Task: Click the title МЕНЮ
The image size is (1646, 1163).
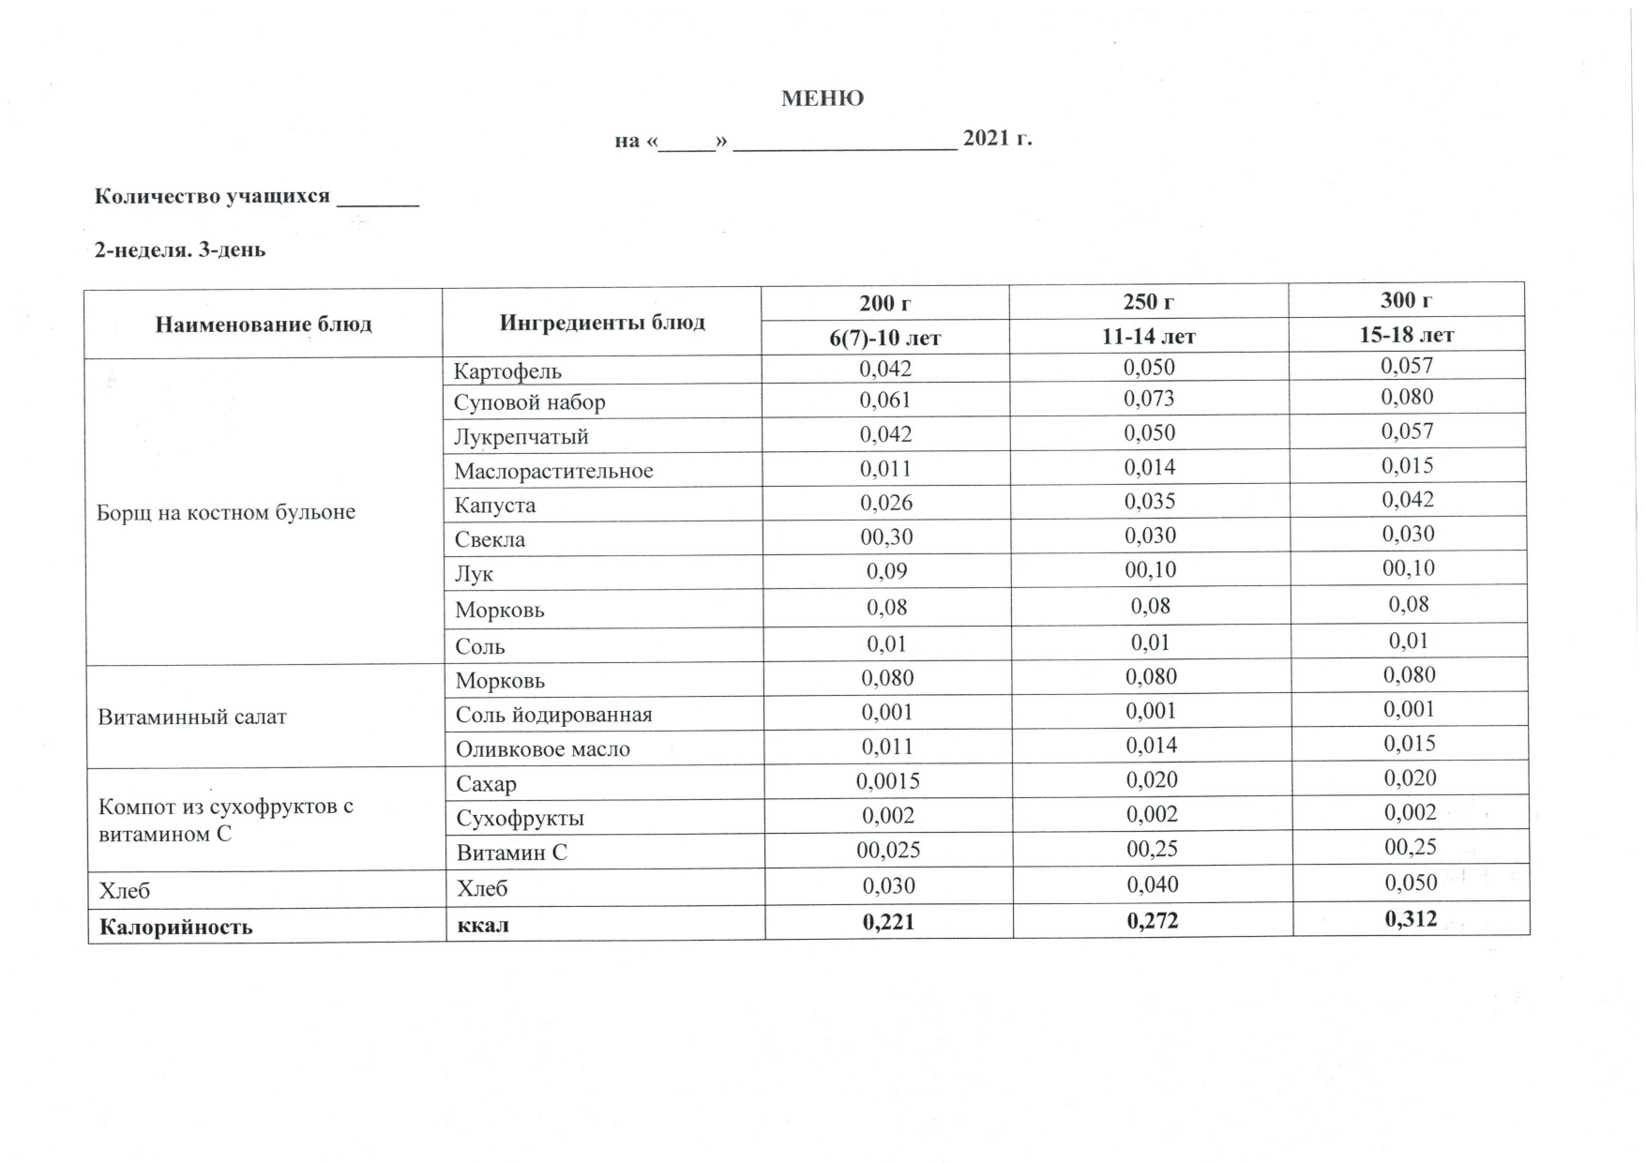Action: [823, 98]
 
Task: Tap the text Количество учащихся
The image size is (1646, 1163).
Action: [213, 196]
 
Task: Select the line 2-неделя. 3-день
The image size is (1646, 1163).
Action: [180, 249]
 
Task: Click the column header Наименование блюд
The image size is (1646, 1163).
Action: [264, 325]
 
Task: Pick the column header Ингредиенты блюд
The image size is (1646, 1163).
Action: [602, 323]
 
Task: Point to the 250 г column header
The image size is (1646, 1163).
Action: [1149, 302]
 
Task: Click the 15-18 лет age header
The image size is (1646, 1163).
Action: [1407, 335]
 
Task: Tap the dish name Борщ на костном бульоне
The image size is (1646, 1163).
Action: [226, 512]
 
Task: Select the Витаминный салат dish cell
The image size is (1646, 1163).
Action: [192, 717]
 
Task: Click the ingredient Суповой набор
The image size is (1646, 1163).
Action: [530, 402]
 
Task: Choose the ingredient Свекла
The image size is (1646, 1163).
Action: [490, 539]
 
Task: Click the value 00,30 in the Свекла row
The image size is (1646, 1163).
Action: [886, 536]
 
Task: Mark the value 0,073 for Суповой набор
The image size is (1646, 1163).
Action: [1149, 399]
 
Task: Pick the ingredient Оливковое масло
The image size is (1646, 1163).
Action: [543, 749]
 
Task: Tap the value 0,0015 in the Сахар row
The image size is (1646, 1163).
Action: [887, 780]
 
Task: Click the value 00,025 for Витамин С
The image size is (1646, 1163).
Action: [888, 850]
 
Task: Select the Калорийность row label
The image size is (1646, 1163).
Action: [176, 927]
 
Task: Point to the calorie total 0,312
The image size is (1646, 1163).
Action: [1411, 918]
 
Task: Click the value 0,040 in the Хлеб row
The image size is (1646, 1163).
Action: [1153, 884]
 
